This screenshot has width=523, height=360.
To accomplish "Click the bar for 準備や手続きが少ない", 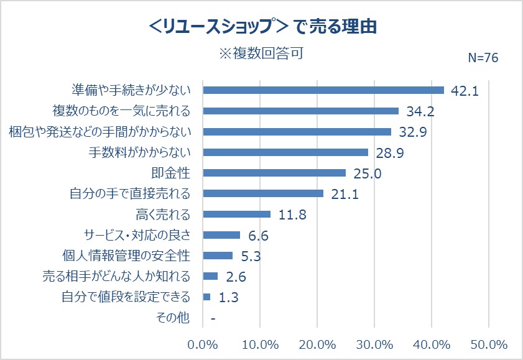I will [323, 90].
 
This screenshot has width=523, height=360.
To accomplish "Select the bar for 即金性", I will [274, 173].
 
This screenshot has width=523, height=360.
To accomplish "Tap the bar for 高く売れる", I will [237, 214].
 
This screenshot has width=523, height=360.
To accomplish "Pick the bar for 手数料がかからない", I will [285, 152].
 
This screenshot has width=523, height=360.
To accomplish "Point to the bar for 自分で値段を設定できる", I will [207, 297].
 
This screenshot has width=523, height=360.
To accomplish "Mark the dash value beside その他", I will [213, 318].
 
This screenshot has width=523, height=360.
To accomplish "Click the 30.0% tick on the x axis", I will [374, 344].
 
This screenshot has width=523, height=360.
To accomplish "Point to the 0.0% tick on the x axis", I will [203, 344].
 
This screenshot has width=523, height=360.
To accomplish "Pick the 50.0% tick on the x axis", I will [489, 344].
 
